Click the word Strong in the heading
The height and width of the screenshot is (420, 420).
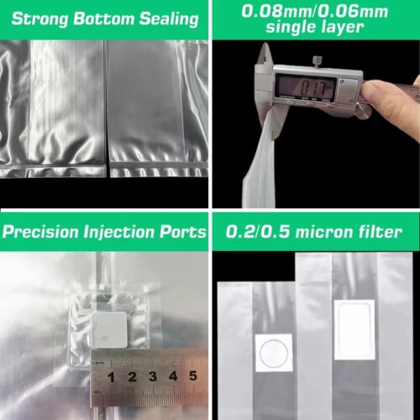tap(39, 19)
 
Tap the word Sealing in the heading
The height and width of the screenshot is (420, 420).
tap(169, 19)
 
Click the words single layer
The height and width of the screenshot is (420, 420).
tap(315, 27)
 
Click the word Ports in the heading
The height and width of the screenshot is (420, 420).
tap(183, 232)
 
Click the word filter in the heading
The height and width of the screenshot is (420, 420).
tap(378, 232)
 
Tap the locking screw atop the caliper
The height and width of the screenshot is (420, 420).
tap(318, 61)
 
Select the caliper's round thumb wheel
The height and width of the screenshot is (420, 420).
tap(363, 111)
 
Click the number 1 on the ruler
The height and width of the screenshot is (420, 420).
tap(111, 377)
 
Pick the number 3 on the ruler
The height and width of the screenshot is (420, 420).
tap(153, 376)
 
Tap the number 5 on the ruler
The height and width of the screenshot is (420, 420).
tap(193, 375)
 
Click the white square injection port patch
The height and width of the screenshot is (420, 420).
tap(109, 329)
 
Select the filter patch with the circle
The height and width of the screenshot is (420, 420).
tap(274, 353)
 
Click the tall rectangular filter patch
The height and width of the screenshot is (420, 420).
tap(354, 329)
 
